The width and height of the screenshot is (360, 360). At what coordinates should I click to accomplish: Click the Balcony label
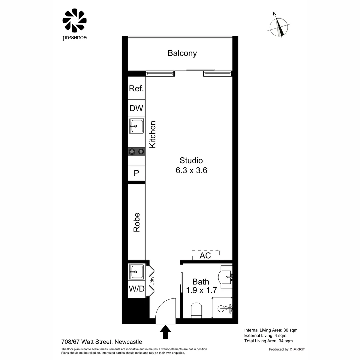click(182, 53)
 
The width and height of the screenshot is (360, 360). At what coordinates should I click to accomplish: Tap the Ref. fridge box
click(136, 89)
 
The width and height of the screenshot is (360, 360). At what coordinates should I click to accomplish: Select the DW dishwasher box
click(136, 108)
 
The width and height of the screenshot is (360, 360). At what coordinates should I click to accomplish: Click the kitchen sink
click(137, 126)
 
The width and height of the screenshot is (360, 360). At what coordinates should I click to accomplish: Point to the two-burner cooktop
click(137, 152)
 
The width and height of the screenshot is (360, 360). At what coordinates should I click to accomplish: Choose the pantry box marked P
click(136, 173)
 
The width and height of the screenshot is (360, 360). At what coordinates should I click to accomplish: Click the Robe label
click(137, 222)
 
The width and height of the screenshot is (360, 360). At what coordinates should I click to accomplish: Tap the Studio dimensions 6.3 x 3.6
click(191, 171)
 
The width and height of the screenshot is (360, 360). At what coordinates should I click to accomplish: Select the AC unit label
click(205, 256)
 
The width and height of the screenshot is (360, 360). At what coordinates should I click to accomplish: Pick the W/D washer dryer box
click(137, 289)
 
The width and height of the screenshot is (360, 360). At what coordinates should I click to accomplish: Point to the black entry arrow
click(165, 332)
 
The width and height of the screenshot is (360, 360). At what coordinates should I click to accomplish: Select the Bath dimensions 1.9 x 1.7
click(201, 290)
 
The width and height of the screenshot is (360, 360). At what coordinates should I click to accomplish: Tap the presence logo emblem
click(74, 21)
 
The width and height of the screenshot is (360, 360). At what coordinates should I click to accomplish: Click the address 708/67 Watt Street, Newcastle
click(102, 342)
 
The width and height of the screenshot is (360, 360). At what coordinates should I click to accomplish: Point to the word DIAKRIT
click(297, 349)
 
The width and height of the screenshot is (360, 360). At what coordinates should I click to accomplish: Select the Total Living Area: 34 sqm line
click(268, 341)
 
